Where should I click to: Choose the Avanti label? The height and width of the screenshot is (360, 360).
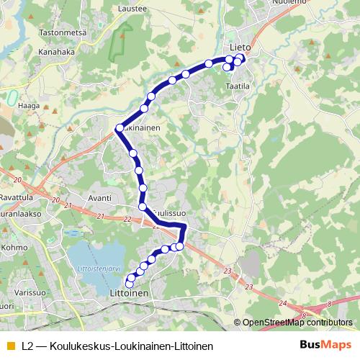tap(99, 197)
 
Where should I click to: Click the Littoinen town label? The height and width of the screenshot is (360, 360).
tap(130, 294)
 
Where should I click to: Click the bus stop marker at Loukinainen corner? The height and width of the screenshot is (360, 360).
tap(119, 129)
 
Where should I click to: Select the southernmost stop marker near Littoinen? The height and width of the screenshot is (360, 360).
tap(130, 284)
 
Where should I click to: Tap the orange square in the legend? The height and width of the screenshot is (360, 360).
tap(9, 346)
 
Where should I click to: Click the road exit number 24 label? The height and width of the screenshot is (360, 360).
tap(282, 303)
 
